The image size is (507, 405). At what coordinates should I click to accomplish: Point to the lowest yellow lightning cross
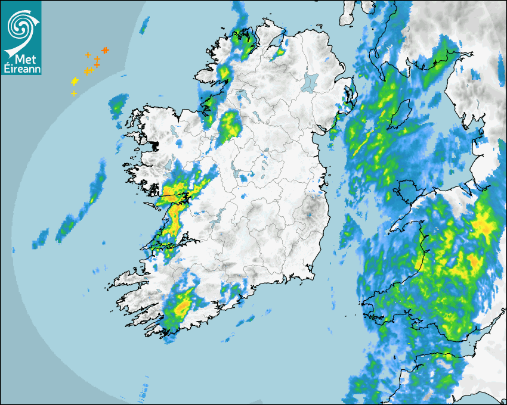click(x=74, y=94)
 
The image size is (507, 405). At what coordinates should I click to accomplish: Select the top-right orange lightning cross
click(x=105, y=50)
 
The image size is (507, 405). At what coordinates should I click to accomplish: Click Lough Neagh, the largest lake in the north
click(x=311, y=82)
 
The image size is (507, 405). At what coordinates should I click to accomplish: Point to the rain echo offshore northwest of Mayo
click(x=117, y=106)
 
